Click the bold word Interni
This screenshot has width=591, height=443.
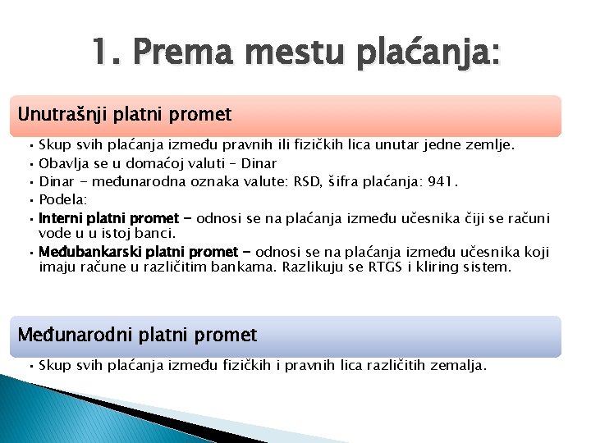point(60,218)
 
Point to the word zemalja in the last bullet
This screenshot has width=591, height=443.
point(461,365)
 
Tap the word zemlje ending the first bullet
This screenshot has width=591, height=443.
point(492,145)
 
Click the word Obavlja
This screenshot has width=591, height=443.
point(63,163)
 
